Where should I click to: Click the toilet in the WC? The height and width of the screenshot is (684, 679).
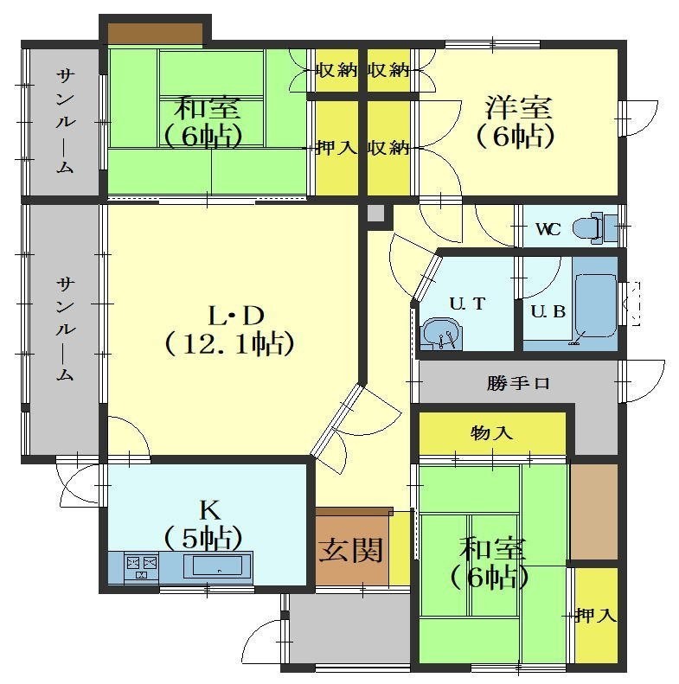pyautogui.click(x=594, y=227)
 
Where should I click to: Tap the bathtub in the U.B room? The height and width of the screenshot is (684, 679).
pyautogui.click(x=596, y=305)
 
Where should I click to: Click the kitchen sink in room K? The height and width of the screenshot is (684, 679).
pyautogui.click(x=213, y=566)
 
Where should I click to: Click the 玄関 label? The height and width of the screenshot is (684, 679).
pyautogui.click(x=351, y=550)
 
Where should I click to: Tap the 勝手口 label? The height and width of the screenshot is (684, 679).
pyautogui.click(x=518, y=383)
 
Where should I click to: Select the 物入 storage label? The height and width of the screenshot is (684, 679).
pyautogui.click(x=491, y=433)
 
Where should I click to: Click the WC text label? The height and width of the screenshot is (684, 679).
pyautogui.click(x=548, y=229)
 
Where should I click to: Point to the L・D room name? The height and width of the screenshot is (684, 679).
pyautogui.click(x=236, y=316)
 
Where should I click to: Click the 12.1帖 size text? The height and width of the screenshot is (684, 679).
pyautogui.click(x=229, y=345)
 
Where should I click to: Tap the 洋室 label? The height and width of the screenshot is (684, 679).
pyautogui.click(x=519, y=107)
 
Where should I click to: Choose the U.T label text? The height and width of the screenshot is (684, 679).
pyautogui.click(x=467, y=304)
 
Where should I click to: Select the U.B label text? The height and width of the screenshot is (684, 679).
pyautogui.click(x=548, y=311)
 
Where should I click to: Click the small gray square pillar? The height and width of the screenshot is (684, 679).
pyautogui.click(x=375, y=214)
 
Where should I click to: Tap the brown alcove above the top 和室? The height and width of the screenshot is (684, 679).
pyautogui.click(x=156, y=33)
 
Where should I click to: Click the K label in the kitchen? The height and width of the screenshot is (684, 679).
pyautogui.click(x=209, y=510)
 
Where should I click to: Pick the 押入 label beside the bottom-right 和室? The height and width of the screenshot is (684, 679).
pyautogui.click(x=596, y=616)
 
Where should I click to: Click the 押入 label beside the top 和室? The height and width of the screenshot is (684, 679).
pyautogui.click(x=336, y=148)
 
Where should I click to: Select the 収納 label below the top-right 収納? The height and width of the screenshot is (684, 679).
pyautogui.click(x=388, y=148)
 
